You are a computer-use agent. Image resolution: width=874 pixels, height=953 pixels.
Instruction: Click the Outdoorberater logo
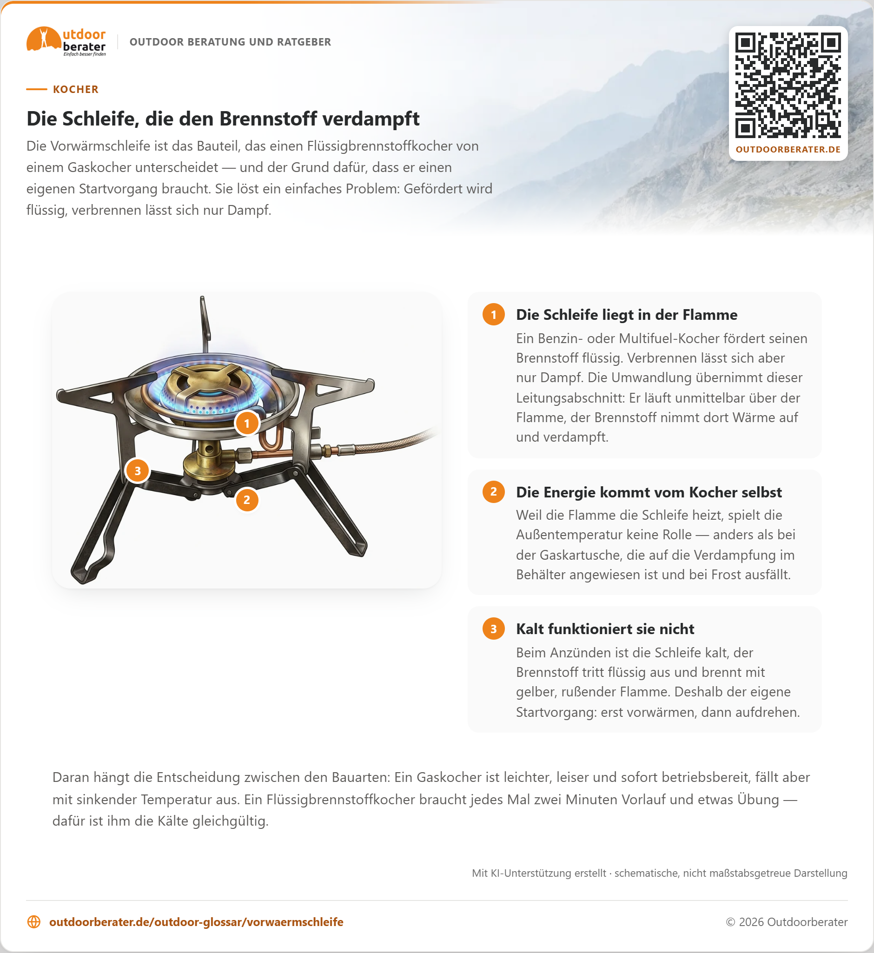(66, 42)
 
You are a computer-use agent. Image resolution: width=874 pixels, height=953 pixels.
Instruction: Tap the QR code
(788, 85)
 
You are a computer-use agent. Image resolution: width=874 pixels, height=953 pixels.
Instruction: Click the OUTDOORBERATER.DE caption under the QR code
(788, 149)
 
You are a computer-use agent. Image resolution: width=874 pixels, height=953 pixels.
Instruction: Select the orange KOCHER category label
(76, 89)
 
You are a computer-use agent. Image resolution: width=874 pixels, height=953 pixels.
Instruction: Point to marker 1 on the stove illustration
(247, 423)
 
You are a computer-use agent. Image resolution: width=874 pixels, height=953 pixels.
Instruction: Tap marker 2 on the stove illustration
(247, 500)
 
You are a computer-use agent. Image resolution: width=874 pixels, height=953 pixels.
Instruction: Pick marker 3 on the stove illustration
(138, 470)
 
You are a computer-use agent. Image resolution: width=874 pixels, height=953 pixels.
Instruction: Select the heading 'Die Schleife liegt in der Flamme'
(627, 315)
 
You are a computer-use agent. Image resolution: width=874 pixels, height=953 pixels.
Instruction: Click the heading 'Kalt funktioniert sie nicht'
(605, 629)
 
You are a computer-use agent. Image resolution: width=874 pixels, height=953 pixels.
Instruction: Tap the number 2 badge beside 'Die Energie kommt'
(494, 492)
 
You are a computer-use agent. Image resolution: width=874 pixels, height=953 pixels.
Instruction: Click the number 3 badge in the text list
(494, 629)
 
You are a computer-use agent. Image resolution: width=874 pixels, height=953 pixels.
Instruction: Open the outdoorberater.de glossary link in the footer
(196, 922)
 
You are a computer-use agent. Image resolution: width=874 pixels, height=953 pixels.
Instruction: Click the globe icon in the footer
(34, 922)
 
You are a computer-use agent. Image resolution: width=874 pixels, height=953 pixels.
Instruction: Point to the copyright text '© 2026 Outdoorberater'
(787, 922)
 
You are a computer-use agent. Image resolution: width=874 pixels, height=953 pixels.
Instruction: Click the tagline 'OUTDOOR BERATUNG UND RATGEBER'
(230, 42)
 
